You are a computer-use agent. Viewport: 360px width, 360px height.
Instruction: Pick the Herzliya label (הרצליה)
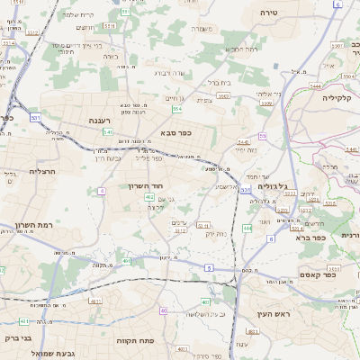pyautogui.click(x=42, y=171)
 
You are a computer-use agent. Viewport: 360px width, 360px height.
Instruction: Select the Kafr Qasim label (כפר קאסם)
pyautogui.click(x=318, y=274)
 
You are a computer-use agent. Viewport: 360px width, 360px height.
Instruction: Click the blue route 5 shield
pyautogui.click(x=209, y=267)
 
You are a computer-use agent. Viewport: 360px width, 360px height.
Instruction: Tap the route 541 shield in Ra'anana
pyautogui.click(x=108, y=132)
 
